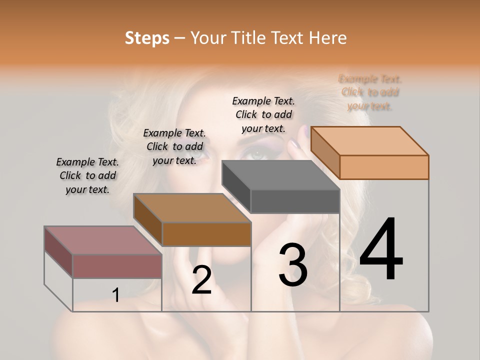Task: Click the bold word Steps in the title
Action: click(x=147, y=38)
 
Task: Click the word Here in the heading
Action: click(x=327, y=38)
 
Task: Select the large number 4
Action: click(x=381, y=250)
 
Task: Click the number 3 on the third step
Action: click(x=293, y=265)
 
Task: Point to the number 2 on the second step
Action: click(x=201, y=280)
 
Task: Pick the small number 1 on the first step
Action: click(x=116, y=295)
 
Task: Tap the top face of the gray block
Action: click(x=280, y=175)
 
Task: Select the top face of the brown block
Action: click(x=192, y=208)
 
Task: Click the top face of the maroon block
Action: click(x=103, y=240)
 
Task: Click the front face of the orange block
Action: click(x=384, y=167)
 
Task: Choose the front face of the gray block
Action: click(x=295, y=201)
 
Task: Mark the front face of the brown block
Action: click(x=206, y=234)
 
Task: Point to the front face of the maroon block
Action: click(x=117, y=266)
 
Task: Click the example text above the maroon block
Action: click(x=87, y=175)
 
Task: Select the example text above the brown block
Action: click(x=174, y=146)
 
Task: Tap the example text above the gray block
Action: click(x=263, y=114)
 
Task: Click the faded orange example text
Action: click(x=370, y=92)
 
